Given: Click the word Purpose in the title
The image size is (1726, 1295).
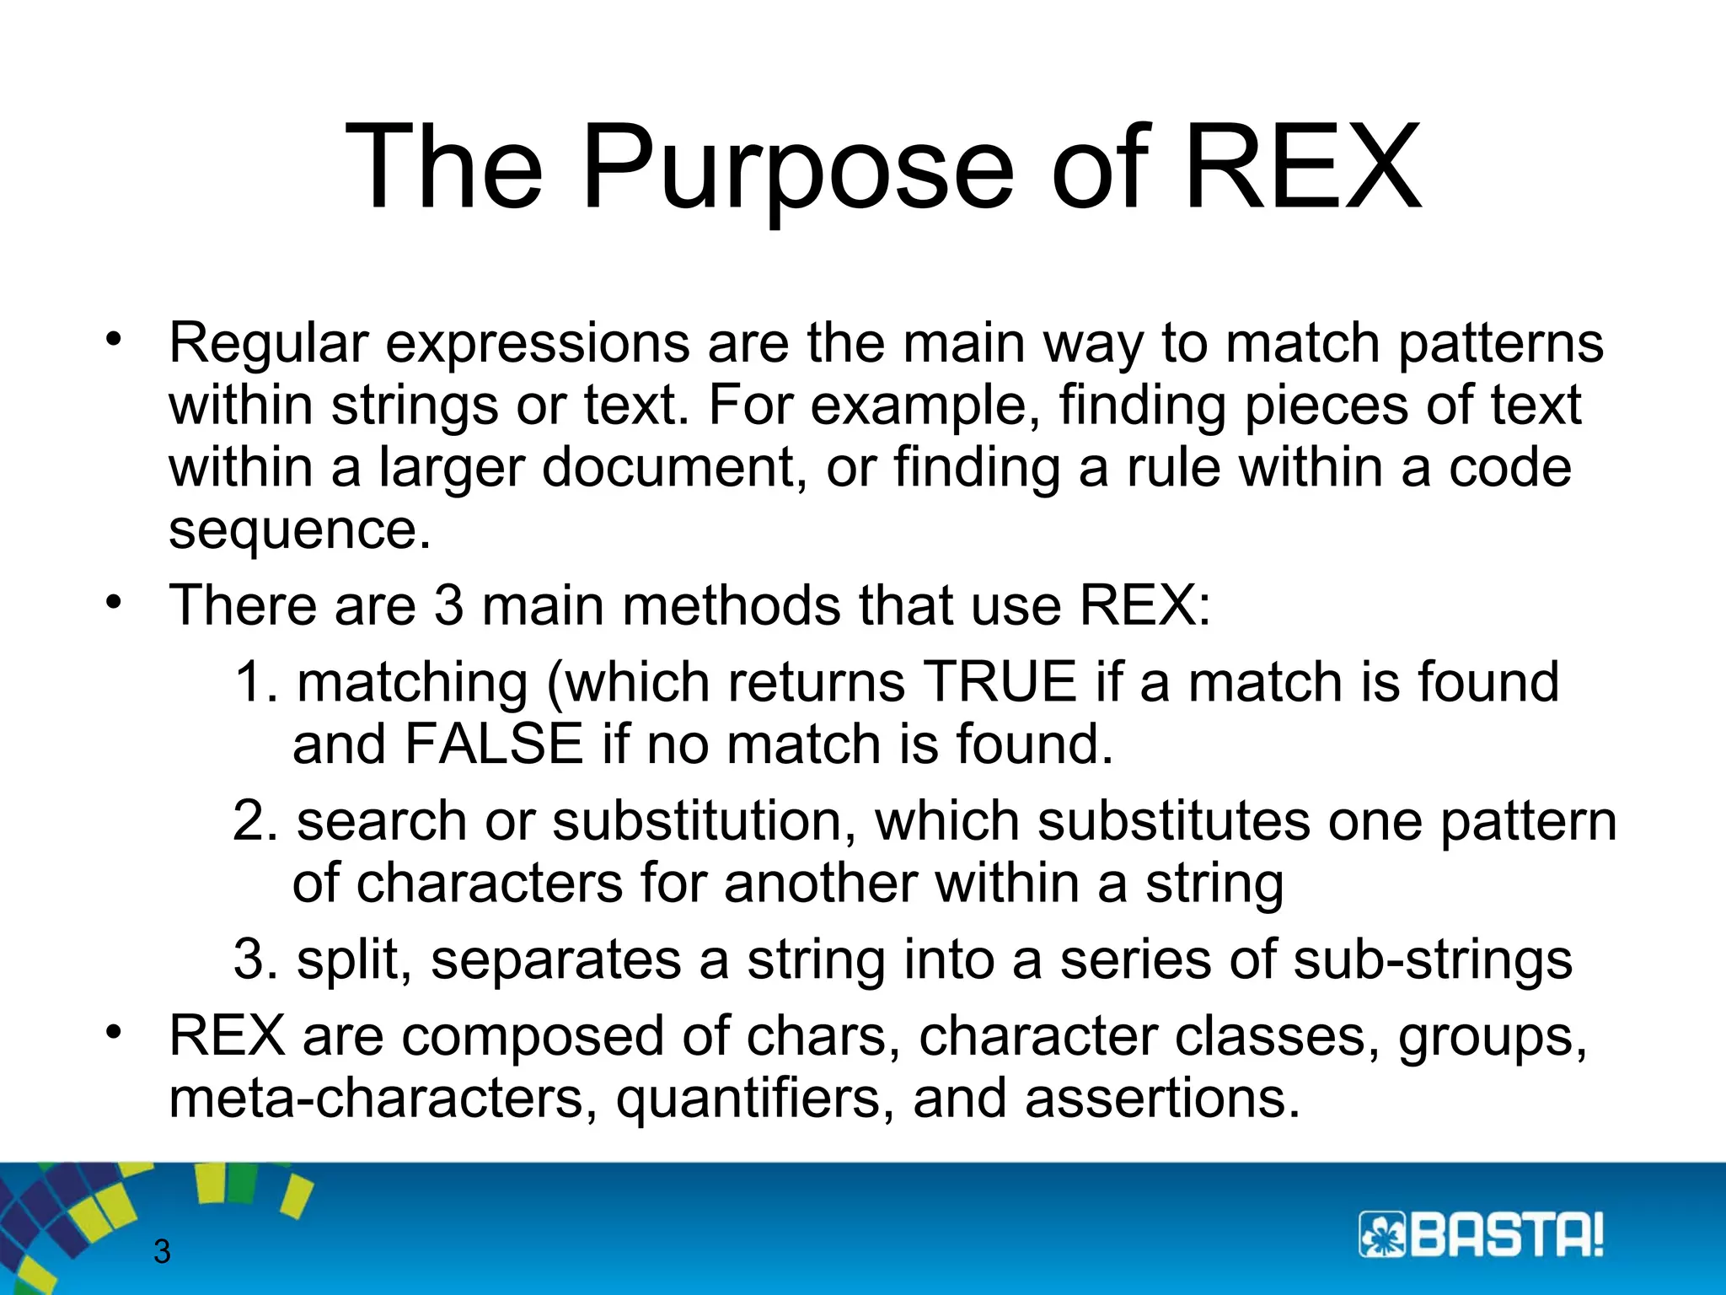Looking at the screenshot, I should (x=796, y=169).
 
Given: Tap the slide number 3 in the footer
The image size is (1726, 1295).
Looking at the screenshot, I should (x=162, y=1252).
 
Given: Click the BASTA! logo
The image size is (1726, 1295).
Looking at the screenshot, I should (x=1481, y=1236).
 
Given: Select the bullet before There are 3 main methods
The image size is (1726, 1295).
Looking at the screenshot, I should (x=115, y=603).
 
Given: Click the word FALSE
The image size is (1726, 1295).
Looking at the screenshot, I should (x=494, y=744).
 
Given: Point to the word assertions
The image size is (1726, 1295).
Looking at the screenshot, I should (x=1163, y=1099).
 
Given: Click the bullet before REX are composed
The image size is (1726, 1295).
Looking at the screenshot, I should (x=115, y=1033).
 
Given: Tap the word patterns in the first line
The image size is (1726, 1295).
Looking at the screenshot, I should (x=1501, y=344).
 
